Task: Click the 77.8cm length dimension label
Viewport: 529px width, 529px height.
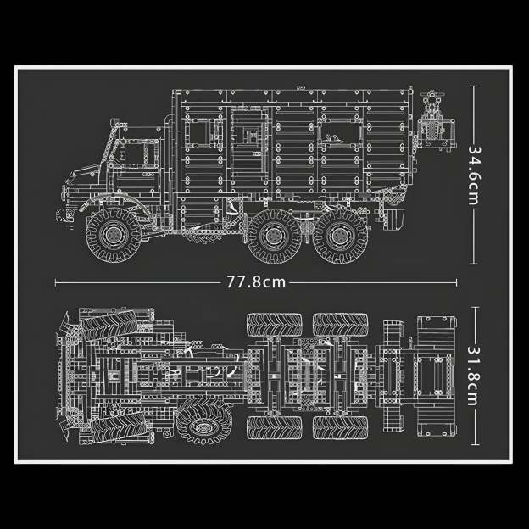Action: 256,282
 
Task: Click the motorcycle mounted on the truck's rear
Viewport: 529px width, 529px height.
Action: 434,119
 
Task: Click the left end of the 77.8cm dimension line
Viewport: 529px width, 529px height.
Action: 56,282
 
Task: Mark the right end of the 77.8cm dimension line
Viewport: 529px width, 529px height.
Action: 456,282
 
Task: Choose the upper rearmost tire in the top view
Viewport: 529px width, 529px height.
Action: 339,324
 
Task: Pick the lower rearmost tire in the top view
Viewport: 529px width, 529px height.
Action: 339,427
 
